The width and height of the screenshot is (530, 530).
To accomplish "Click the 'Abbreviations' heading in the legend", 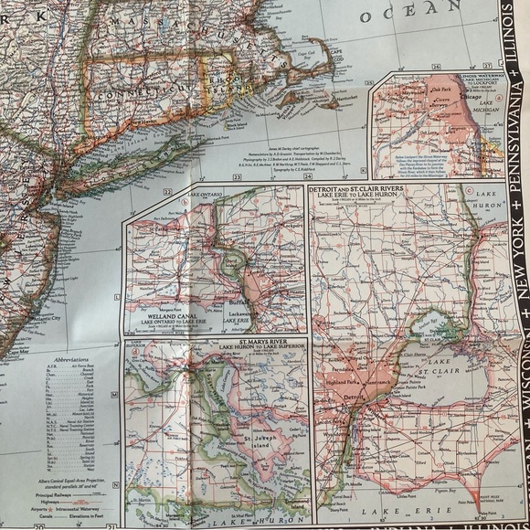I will tap(72, 360).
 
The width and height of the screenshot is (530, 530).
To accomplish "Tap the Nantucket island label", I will tap(322, 99).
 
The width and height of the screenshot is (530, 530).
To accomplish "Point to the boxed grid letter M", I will tap(113, 395).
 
